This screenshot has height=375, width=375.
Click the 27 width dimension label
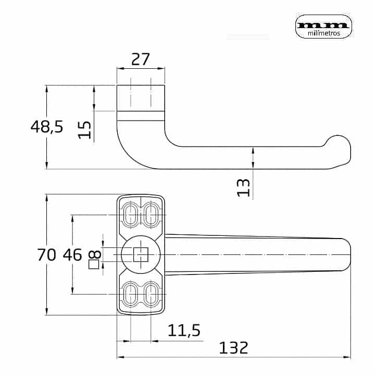[x=141, y=59]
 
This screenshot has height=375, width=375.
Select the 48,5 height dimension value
[x=47, y=127]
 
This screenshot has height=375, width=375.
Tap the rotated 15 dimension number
[x=85, y=130]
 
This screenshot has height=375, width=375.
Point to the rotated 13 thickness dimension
[x=243, y=187]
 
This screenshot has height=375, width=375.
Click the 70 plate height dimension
[x=47, y=255]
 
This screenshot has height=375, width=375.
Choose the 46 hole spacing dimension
[x=72, y=255]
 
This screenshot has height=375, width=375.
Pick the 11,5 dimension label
[x=184, y=330]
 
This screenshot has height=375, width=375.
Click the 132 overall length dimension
[x=234, y=347]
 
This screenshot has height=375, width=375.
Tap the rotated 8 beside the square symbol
[x=94, y=255]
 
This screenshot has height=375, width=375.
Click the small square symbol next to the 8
[x=94, y=264]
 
